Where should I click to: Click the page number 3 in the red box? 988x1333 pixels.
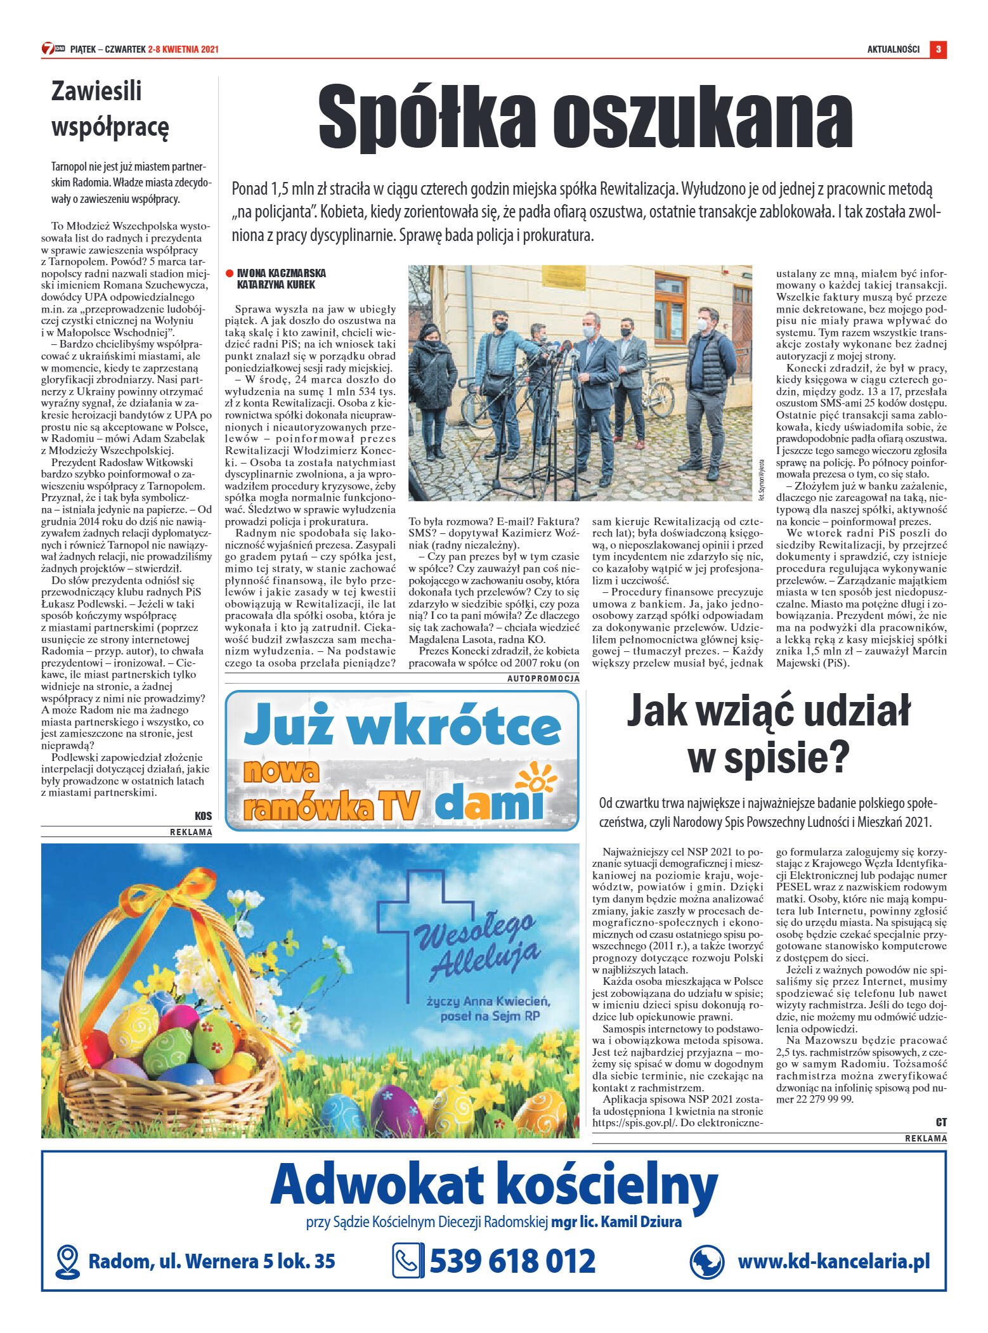[x=937, y=49]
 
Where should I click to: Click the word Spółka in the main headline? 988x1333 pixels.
[x=426, y=117]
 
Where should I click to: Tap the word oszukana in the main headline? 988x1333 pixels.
[x=702, y=117]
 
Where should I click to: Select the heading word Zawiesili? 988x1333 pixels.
[x=96, y=91]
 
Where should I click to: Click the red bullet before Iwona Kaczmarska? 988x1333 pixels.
[x=230, y=273]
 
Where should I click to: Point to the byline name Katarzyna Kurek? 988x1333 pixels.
[x=276, y=285]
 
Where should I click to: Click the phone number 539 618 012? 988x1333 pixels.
[x=512, y=1261]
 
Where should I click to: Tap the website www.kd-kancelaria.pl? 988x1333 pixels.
[x=833, y=1261]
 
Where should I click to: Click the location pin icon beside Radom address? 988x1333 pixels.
[x=67, y=1261]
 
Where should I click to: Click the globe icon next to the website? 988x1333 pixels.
[x=706, y=1261]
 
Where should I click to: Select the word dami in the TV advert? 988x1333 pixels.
[x=489, y=801]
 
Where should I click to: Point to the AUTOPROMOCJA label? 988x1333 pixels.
[x=543, y=679]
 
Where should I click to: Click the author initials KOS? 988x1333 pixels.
[x=203, y=816]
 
